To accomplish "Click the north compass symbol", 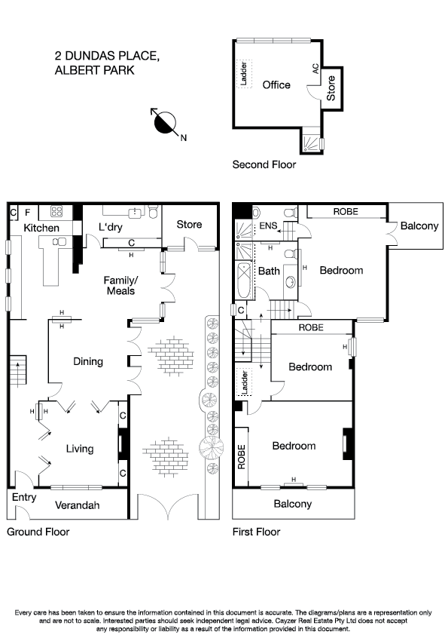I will click(165, 122).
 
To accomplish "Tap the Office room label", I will click(276, 85).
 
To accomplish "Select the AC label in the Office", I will click(315, 68).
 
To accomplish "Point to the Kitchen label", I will click(41, 228).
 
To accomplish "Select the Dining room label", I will click(87, 361).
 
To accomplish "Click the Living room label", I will click(80, 449).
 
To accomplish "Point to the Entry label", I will click(23, 497).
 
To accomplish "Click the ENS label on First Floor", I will click(268, 226).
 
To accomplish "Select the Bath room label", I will click(269, 271).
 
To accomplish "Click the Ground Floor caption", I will click(38, 532).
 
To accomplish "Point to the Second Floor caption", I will click(264, 164).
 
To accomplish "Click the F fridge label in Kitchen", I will click(28, 213).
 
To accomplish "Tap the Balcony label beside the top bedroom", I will click(419, 225).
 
